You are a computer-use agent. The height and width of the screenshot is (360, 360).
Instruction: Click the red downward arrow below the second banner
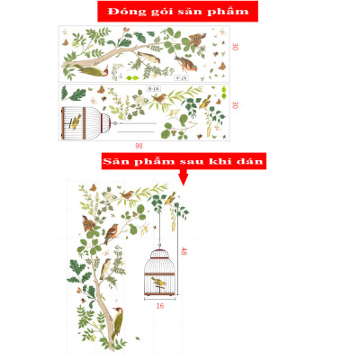[184, 177]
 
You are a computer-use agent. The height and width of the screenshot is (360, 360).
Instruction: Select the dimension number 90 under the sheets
[138, 146]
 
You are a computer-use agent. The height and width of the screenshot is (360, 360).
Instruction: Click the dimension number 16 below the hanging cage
[159, 306]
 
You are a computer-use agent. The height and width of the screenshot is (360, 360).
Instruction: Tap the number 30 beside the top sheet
[235, 47]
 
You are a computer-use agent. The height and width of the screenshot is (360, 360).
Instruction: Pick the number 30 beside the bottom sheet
[235, 105]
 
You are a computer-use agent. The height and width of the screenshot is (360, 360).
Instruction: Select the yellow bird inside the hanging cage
[158, 283]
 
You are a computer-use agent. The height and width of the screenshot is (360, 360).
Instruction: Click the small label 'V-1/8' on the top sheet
[181, 78]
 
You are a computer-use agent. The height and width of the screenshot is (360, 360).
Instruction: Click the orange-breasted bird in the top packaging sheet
[184, 63]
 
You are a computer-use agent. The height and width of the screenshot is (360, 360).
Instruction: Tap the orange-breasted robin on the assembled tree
[112, 235]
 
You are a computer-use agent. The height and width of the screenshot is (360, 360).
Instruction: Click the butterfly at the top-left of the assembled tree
[91, 187]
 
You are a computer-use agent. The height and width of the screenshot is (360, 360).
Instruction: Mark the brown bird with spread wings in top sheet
[194, 40]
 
